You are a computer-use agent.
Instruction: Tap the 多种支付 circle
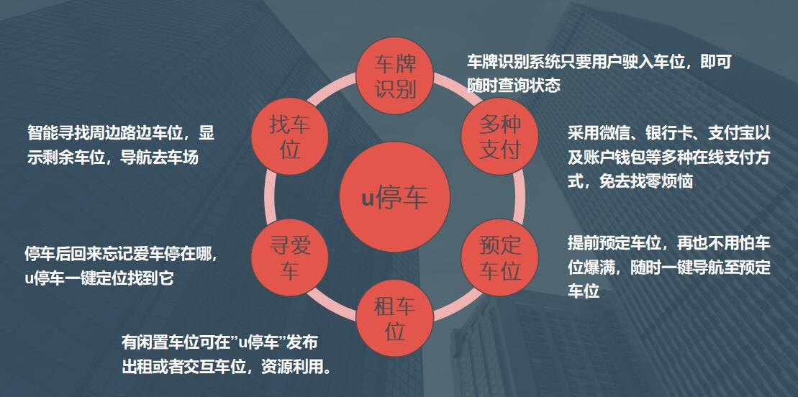(499, 137)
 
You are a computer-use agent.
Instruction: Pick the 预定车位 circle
(499, 258)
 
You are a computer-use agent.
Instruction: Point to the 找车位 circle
(289, 137)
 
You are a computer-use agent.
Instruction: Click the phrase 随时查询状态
(513, 86)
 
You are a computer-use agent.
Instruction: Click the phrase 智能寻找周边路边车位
(107, 133)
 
